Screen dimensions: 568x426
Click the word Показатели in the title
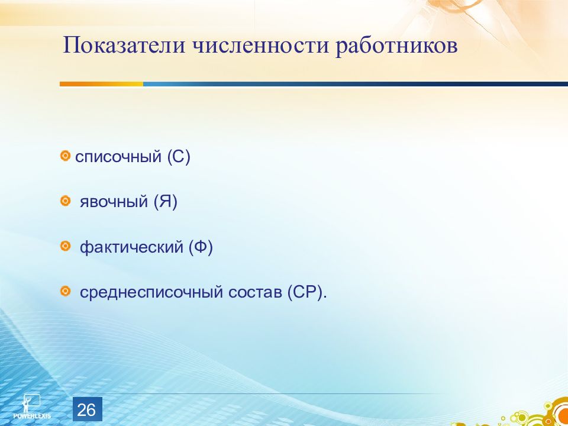click(x=124, y=46)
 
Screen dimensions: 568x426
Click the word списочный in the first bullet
click(x=118, y=157)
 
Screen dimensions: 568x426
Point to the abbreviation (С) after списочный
click(x=179, y=157)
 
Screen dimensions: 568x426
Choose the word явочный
click(x=114, y=202)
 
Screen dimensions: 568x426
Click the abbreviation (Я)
click(x=166, y=202)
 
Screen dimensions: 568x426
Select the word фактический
click(x=131, y=247)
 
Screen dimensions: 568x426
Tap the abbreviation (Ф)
click(x=201, y=247)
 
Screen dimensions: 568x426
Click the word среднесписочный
click(x=151, y=292)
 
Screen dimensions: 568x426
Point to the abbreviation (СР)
click(x=307, y=292)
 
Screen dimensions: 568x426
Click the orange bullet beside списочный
click(x=65, y=156)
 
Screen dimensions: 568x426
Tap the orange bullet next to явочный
click(x=65, y=201)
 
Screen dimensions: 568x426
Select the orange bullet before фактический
click(x=65, y=246)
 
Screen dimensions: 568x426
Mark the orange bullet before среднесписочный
click(x=65, y=291)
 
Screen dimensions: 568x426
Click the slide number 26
click(x=87, y=409)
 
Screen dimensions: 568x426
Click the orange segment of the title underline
click(x=101, y=84)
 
